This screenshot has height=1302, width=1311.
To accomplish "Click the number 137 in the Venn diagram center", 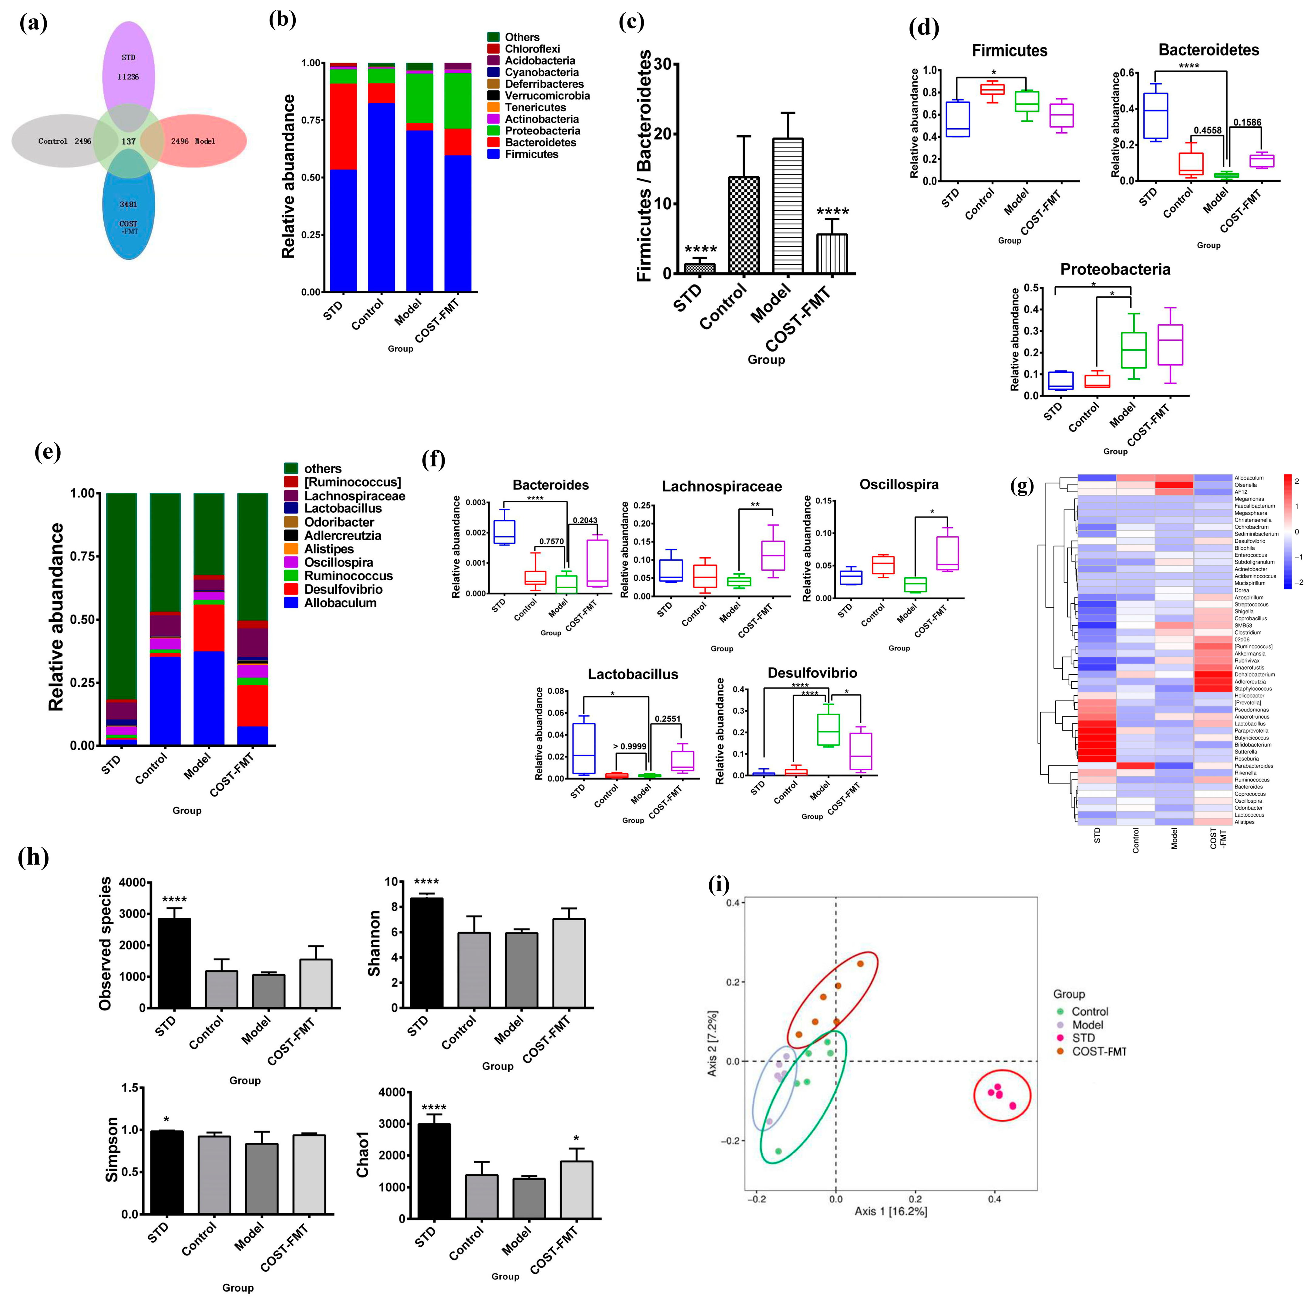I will pyautogui.click(x=128, y=141).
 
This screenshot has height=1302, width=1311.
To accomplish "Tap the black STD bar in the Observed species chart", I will pyautogui.click(x=174, y=963).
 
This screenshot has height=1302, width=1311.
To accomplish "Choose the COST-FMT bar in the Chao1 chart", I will pyautogui.click(x=576, y=1190).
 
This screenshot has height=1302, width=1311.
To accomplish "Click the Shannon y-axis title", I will pyautogui.click(x=374, y=943).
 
